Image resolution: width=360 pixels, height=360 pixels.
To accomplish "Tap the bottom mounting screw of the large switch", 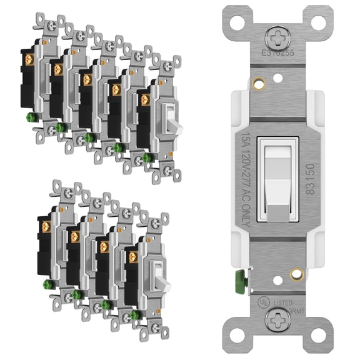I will pos(276,321).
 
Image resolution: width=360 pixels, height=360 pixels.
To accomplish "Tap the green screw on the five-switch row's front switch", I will pos(147,157).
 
